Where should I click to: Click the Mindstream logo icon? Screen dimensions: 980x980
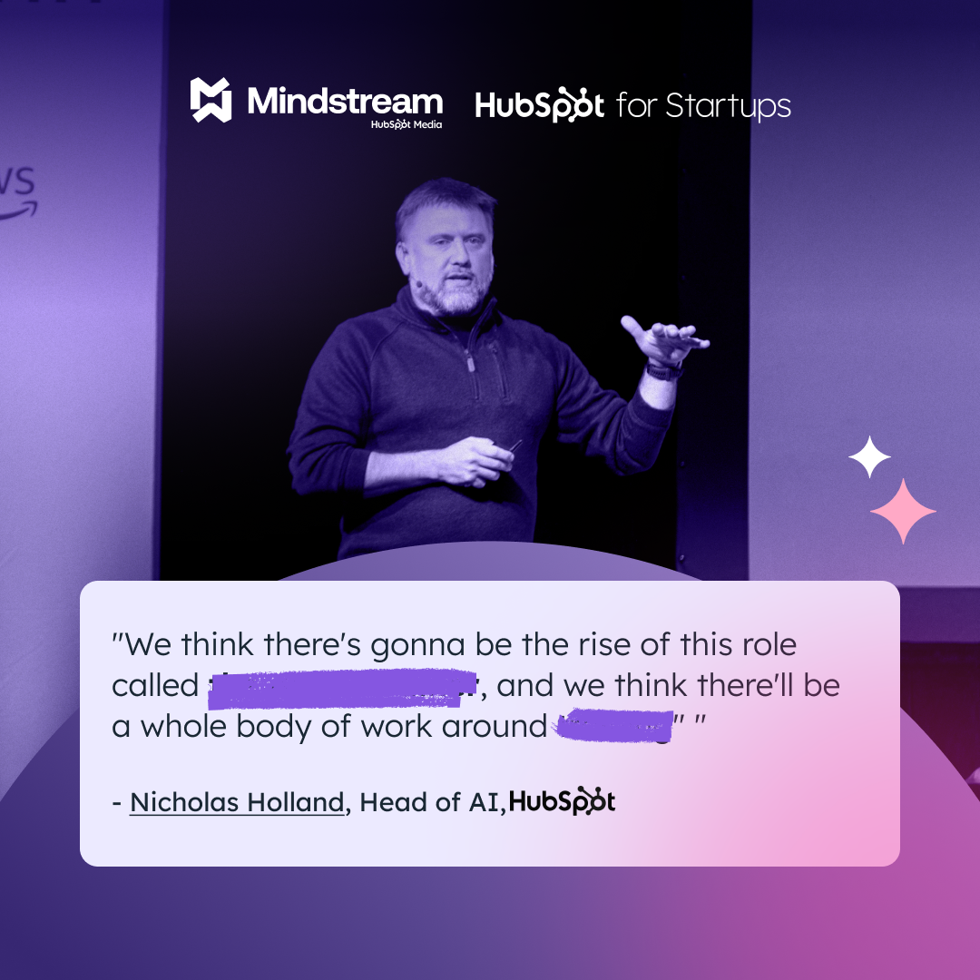coord(211,100)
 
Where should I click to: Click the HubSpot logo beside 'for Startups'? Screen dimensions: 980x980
coord(540,105)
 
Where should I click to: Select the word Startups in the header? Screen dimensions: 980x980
coord(728,107)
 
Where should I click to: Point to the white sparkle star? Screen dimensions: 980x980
coord(869,457)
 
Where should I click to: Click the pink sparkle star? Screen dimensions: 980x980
coord(903,511)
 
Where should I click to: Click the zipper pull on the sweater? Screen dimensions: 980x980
coord(471,363)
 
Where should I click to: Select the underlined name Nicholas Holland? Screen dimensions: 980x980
coord(237,802)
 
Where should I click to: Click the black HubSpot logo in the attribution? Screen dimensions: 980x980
coord(563,801)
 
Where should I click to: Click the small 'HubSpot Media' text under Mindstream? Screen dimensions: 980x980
coord(406,124)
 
